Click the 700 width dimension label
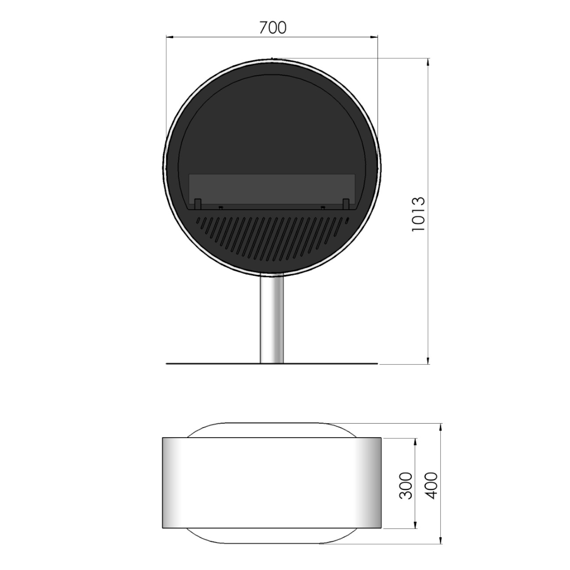[x=273, y=28]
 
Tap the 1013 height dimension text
[x=419, y=214]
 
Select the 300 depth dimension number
[x=406, y=490]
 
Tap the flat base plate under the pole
[x=272, y=363]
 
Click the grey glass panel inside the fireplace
[x=272, y=189]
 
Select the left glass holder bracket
[x=197, y=204]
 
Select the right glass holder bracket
[x=346, y=204]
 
